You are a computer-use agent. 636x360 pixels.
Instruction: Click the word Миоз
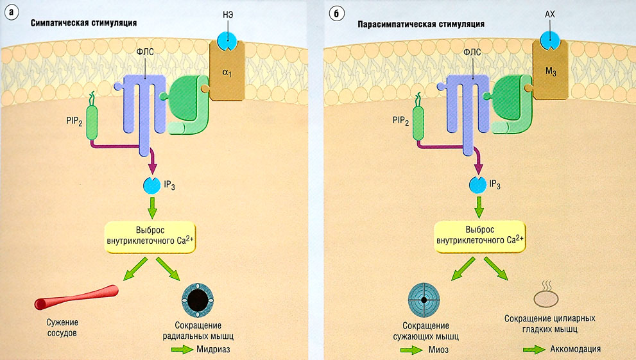(435, 350)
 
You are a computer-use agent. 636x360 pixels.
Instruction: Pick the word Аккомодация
(575, 350)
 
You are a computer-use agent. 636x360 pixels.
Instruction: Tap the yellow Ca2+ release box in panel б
(477, 236)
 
